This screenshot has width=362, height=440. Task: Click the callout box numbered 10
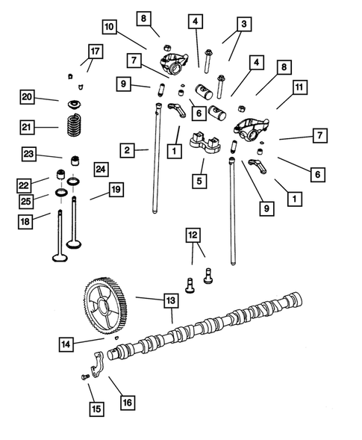(110, 27)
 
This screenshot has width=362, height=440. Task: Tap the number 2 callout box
(128, 151)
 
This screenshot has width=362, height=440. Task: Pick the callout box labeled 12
(193, 235)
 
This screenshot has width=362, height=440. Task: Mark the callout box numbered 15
(94, 409)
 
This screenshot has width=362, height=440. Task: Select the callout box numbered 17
(95, 51)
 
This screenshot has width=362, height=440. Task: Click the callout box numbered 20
(27, 97)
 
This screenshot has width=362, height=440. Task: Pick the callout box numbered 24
(100, 170)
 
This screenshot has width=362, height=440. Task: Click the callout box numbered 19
(116, 190)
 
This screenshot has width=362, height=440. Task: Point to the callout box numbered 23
(28, 155)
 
